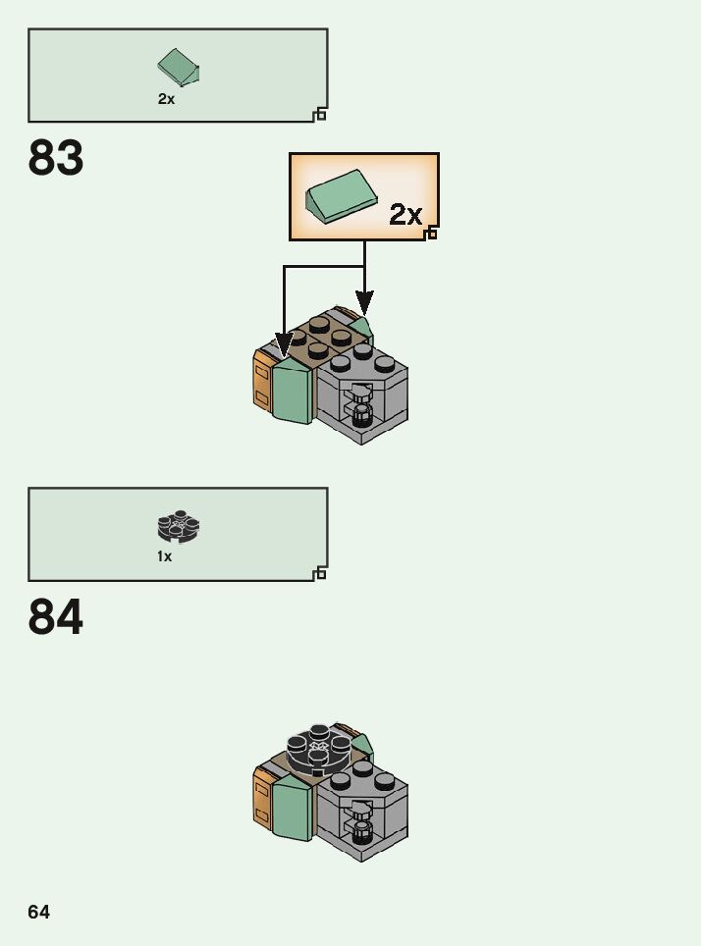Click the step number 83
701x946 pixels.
[56, 158]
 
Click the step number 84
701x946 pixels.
[56, 617]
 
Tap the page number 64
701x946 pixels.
[38, 913]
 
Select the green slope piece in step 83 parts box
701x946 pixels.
[178, 67]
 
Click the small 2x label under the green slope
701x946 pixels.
[166, 99]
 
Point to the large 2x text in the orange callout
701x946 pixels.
[404, 215]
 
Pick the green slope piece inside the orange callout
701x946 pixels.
[341, 194]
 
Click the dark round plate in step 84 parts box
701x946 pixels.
[178, 527]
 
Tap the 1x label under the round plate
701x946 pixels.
[164, 557]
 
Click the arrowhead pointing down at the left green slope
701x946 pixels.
[284, 344]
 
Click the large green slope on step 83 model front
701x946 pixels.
[293, 393]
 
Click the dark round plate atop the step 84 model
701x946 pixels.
[318, 749]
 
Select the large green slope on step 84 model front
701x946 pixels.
[293, 810]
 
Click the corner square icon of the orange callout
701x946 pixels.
[431, 234]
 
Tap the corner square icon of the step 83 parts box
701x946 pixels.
[320, 115]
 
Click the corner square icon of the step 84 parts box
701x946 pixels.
[320, 574]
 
